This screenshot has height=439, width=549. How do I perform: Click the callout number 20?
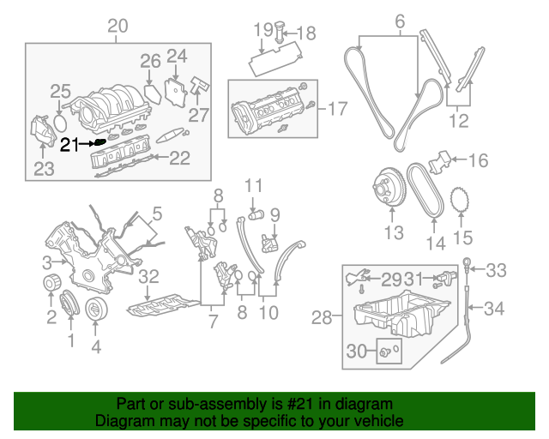pyautogui.click(x=118, y=26)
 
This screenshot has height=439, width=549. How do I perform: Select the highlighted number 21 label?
pyautogui.click(x=69, y=145)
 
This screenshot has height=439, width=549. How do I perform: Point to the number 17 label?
pyautogui.click(x=338, y=109)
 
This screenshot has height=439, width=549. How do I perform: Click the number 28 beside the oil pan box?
pyautogui.click(x=322, y=319)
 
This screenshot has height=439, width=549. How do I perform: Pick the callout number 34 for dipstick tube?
pyautogui.click(x=495, y=308)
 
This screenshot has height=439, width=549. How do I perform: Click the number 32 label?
pyautogui.click(x=149, y=276)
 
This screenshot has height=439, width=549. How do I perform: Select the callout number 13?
pyautogui.click(x=393, y=232)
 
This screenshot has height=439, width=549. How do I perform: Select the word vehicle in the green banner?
pyautogui.click(x=379, y=421)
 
